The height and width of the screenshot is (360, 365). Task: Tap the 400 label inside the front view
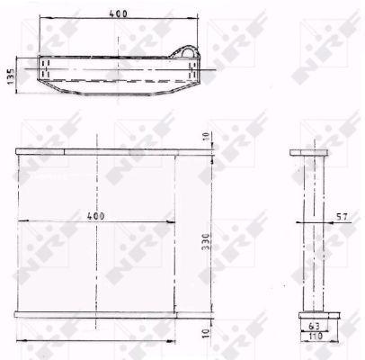point(96,217)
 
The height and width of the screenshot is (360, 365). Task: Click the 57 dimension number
point(341,216)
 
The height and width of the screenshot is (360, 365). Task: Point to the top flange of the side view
point(310,151)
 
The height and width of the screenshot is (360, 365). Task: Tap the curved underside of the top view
point(117,92)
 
